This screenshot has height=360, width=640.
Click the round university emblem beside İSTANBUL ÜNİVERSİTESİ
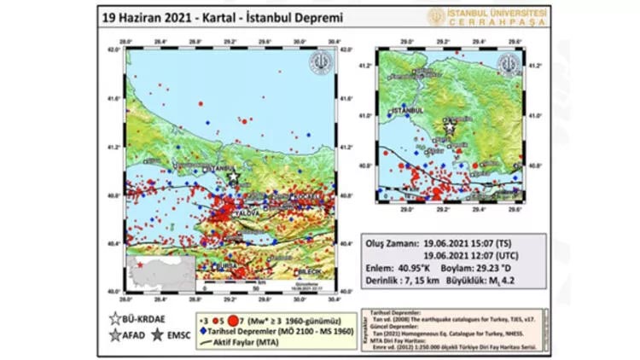(x=438, y=16)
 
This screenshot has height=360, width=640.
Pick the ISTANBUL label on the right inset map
(x=401, y=111)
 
